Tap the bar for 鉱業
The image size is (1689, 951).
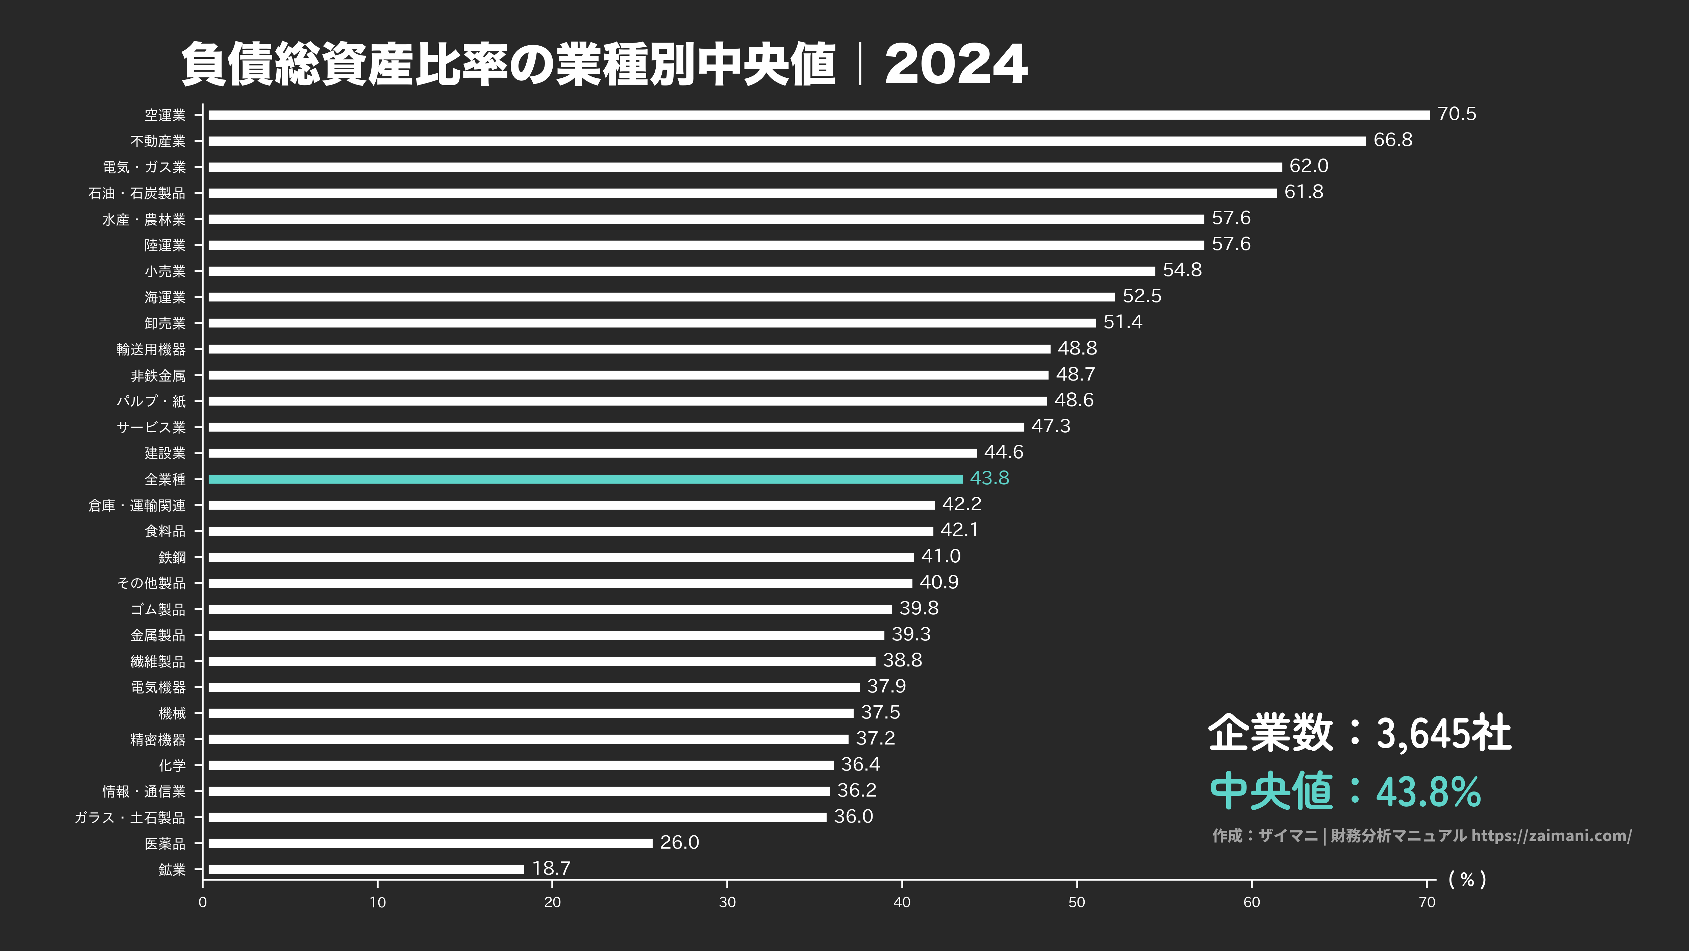(366, 869)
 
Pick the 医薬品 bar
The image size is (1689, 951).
(430, 843)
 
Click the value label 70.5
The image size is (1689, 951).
(1456, 114)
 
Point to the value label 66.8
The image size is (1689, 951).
(1393, 140)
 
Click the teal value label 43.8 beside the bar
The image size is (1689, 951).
(989, 478)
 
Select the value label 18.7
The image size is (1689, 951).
(551, 868)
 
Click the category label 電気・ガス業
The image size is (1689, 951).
(144, 167)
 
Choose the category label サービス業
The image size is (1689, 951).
(151, 427)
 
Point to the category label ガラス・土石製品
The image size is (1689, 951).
(130, 817)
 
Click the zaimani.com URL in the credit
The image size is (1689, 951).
(1551, 835)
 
